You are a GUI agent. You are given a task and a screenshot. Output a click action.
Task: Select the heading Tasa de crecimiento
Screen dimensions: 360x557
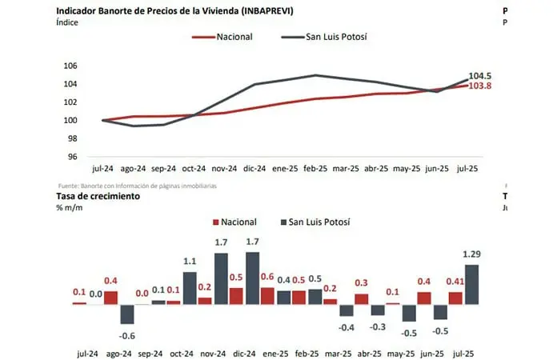click(x=98, y=196)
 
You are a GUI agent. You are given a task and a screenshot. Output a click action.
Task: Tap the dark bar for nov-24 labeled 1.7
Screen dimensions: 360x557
click(x=222, y=278)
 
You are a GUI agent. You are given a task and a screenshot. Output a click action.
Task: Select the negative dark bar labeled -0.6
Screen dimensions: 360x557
click(x=126, y=313)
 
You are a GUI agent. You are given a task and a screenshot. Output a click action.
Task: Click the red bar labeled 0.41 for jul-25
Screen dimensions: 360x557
click(x=455, y=298)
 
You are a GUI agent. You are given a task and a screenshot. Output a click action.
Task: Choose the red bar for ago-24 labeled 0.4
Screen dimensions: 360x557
click(x=110, y=297)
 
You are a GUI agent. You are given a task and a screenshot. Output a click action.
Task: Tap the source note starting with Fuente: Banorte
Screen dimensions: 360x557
click(x=136, y=186)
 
